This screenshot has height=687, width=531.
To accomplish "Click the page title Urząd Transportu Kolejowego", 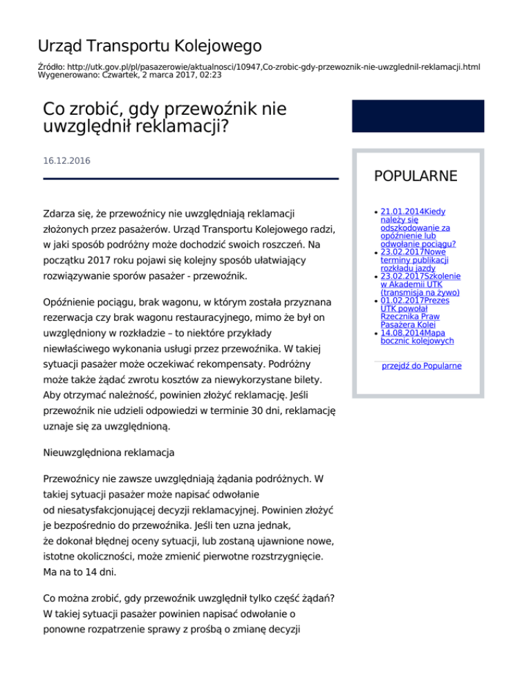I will point(149,46).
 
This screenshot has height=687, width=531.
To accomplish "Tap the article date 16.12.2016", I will point(66,160).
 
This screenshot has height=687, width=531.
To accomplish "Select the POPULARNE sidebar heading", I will point(416,176).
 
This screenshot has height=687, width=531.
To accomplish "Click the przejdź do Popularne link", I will point(422,366).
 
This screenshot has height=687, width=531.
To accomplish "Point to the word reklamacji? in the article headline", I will point(185,127).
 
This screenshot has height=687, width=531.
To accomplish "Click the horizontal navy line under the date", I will point(191,179).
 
